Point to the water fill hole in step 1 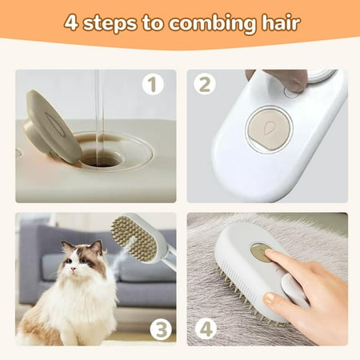pyautogui.click(x=100, y=156)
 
